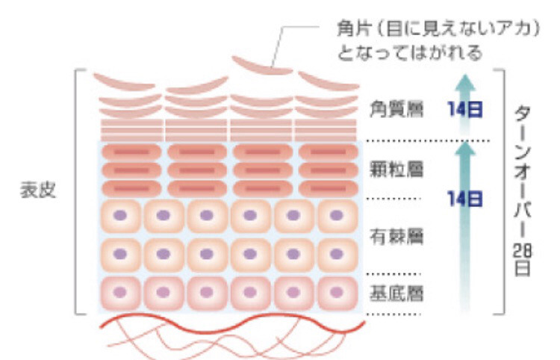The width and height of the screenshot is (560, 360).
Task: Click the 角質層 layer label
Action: (396, 108)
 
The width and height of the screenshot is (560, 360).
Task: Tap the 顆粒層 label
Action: (396, 169)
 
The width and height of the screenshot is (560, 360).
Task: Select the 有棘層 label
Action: (396, 237)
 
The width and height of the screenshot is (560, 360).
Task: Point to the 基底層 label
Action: (396, 294)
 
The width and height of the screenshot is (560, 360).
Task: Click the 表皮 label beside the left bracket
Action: (38, 190)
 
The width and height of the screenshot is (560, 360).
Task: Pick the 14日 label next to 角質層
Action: (465, 109)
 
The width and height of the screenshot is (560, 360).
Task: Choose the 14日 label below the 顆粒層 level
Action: (465, 198)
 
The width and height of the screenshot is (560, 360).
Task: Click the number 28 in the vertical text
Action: (522, 252)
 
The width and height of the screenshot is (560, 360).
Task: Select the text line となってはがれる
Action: (409, 53)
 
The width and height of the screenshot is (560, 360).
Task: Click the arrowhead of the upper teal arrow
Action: (464, 82)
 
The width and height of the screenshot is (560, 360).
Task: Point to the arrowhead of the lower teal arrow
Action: (464, 149)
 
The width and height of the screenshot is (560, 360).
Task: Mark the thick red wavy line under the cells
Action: (232, 324)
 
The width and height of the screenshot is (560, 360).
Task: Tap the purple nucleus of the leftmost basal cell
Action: (119, 292)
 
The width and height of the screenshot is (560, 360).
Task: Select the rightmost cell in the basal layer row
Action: (337, 294)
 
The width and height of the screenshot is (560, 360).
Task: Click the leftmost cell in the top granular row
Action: (131, 152)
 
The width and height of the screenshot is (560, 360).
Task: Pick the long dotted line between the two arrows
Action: (429, 140)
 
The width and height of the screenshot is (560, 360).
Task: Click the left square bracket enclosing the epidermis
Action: (75, 192)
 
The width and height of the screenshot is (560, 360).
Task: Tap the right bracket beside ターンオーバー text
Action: (503, 192)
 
